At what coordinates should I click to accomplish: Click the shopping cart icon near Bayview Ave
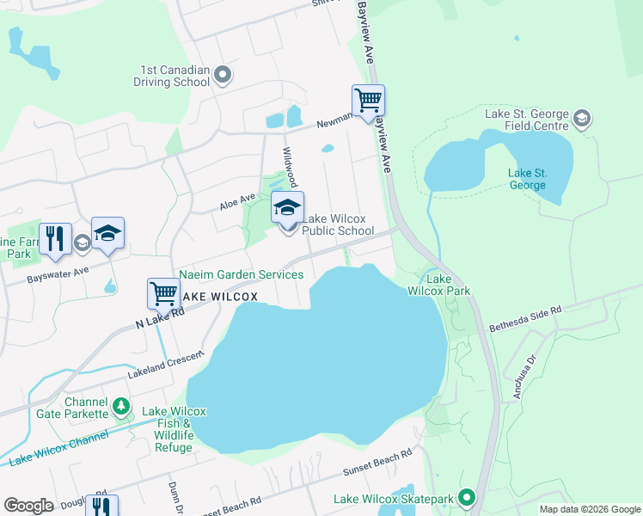pos(368,101)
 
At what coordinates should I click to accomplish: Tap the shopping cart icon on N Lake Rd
pos(163,293)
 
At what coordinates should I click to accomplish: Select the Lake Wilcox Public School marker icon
pos(288,207)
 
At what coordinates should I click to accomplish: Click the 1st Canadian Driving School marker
pos(223,75)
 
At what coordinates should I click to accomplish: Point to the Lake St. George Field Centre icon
pos(582,118)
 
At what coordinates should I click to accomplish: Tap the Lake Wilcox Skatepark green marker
pos(467,498)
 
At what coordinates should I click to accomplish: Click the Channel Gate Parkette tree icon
pos(121,404)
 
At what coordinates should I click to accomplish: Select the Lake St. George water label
pos(526,179)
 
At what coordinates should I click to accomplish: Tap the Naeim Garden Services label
pos(241,274)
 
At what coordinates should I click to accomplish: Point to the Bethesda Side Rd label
pos(524,318)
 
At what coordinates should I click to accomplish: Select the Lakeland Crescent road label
pos(165,365)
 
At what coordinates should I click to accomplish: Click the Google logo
pos(28,506)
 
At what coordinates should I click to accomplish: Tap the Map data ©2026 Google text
pos(589,508)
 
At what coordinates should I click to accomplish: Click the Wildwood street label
pos(291,166)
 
